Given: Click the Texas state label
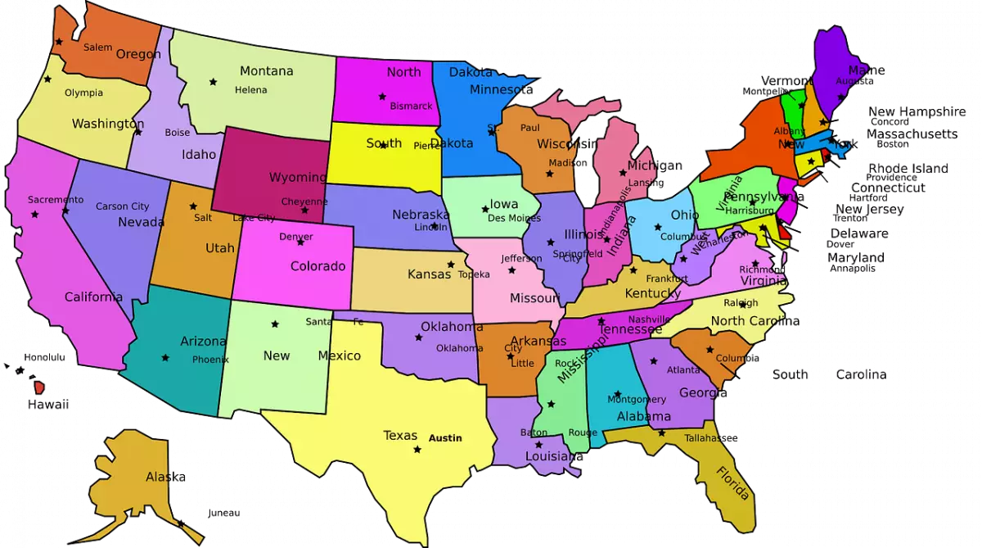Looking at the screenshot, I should [x=400, y=436].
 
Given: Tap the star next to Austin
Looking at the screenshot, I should [x=417, y=450].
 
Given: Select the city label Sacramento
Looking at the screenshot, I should [x=56, y=200].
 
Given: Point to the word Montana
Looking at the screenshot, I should [x=266, y=71].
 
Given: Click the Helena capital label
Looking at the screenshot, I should [x=251, y=90].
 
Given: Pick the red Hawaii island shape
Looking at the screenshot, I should [x=38, y=386].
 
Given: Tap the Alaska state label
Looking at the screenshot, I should [x=165, y=477].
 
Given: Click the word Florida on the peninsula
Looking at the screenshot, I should [x=732, y=483].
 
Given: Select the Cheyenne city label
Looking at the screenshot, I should [x=304, y=202].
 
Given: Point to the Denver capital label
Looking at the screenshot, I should [x=296, y=237].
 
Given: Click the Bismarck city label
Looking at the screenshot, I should [x=411, y=106].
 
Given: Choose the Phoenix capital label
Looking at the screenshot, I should [x=210, y=360].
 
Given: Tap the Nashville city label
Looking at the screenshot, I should [x=650, y=319].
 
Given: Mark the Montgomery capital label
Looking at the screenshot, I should [x=637, y=400].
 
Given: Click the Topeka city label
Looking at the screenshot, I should [x=474, y=274].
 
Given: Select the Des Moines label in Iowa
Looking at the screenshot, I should [x=514, y=219].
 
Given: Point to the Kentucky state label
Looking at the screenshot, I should [x=653, y=293].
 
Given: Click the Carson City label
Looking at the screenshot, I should [x=123, y=206].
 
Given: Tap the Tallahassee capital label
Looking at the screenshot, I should [x=711, y=438].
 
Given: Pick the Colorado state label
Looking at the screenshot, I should [x=318, y=266].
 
